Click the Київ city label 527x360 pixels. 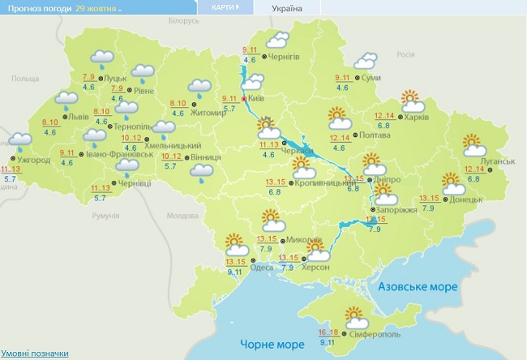pos(257,98)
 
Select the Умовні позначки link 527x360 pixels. pos(34,354)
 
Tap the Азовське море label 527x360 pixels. pos(418,288)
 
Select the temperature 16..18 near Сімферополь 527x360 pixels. pos(328,332)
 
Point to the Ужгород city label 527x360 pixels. pos(32,160)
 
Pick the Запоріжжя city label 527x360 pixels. pos(398,209)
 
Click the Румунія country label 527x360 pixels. pos(105,216)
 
